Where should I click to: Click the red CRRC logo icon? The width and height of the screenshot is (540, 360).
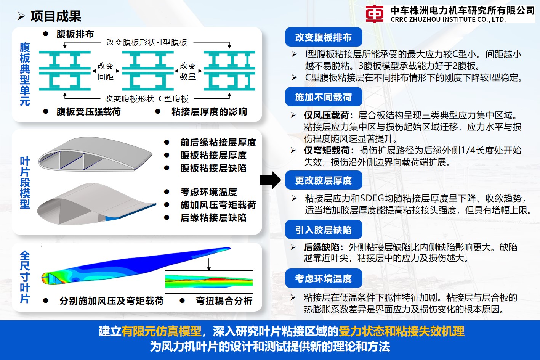pos(374,14)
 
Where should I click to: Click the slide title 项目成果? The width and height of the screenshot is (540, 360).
pos(56,16)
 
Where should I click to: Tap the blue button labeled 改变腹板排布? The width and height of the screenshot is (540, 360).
pos(323,37)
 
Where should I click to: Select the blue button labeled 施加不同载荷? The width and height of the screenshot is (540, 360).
pos(323,97)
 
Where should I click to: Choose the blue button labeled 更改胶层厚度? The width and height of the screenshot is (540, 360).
pos(323,180)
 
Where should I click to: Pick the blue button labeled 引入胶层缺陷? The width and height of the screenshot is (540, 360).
pos(323,230)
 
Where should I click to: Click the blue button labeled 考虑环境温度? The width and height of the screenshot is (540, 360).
pos(323,279)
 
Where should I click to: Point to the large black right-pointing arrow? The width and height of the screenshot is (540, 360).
pos(271,180)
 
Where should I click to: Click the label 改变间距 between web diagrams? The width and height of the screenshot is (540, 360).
pos(106,71)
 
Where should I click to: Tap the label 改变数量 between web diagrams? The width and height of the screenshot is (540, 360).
pos(188,71)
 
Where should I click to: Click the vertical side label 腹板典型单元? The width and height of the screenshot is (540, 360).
pos(25,74)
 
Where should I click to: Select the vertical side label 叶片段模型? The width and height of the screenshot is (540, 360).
pos(25,183)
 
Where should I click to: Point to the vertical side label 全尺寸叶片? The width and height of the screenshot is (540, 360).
pos(25,277)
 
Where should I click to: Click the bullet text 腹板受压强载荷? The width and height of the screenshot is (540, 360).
pos(88,112)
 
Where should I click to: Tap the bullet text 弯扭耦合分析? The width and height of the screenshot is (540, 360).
pos(224,301)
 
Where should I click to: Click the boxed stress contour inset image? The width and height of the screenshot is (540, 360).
pos(209,282)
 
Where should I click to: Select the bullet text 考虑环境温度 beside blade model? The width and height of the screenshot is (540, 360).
pos(209,192)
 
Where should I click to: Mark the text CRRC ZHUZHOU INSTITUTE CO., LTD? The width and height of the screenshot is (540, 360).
pos(448,19)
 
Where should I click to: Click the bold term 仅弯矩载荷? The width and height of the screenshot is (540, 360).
pos(326,150)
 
